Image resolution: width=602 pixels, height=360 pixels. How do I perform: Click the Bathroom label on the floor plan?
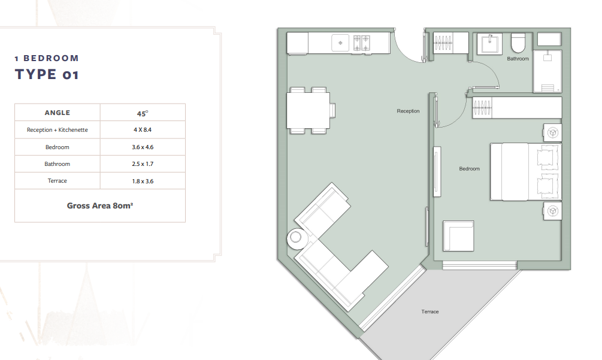coord(518,59)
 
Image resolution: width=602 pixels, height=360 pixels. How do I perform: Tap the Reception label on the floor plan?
coord(408,111)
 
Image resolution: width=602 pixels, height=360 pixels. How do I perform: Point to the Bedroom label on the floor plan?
coord(469,168)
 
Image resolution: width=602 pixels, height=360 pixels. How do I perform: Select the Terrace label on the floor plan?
coord(430,311)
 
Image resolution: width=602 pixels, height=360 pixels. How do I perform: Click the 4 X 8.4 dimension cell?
coord(143,130)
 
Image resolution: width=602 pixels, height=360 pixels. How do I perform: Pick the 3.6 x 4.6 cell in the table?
coord(143,147)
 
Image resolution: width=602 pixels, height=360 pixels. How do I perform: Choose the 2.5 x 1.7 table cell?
coord(143,164)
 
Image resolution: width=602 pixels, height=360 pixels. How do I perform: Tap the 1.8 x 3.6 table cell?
coord(143,181)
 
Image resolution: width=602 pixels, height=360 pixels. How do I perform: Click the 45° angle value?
coord(143,113)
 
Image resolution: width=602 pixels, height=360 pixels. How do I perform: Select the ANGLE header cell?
coord(58,113)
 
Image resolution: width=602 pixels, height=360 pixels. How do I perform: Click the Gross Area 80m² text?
coord(100,205)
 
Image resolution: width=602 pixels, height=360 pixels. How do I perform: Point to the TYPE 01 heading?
coord(47,74)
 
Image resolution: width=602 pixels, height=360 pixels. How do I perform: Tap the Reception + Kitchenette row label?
coord(58,130)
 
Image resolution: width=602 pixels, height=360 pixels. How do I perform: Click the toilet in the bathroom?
coord(518,43)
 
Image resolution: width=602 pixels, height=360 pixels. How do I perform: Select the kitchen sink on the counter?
coord(340,43)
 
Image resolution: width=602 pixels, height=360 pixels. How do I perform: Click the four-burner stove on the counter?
coord(362,43)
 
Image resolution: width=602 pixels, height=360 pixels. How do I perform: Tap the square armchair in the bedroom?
coord(458,235)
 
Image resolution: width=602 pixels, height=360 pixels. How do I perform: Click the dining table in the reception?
coord(308,111)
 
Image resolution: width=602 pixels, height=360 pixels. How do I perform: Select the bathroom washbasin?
coord(489,44)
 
